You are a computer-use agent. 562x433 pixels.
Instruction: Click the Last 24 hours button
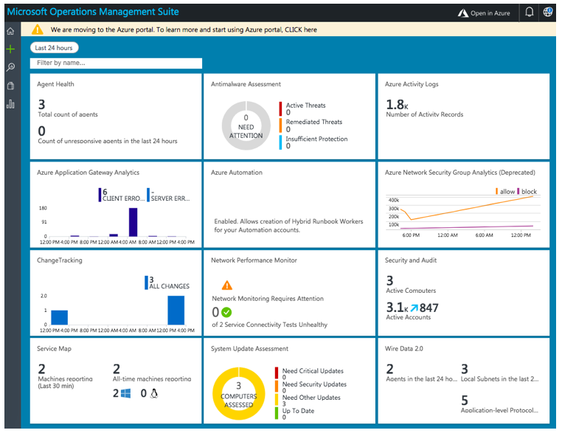pyautogui.click(x=54, y=48)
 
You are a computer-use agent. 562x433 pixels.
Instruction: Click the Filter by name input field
pyautogui.click(x=116, y=63)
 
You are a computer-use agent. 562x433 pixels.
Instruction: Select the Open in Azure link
pyautogui.click(x=484, y=13)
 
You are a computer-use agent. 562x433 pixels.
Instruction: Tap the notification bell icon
pyautogui.click(x=529, y=13)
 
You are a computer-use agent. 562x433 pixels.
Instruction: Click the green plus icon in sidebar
pyautogui.click(x=10, y=49)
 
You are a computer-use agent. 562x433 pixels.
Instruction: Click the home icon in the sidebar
pyautogui.click(x=10, y=31)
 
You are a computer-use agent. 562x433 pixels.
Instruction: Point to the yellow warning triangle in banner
pyautogui.click(x=37, y=30)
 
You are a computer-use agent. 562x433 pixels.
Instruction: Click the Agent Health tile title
pyautogui.click(x=55, y=84)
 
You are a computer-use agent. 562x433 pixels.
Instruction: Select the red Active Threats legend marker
pyautogui.click(x=281, y=108)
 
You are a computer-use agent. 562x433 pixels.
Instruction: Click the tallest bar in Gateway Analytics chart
pyautogui.click(x=133, y=221)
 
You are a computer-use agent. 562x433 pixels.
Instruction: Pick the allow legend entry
pyautogui.click(x=504, y=192)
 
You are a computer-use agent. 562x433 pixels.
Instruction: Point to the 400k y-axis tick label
pyautogui.click(x=393, y=200)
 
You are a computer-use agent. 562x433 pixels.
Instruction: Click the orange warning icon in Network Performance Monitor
pyautogui.click(x=226, y=285)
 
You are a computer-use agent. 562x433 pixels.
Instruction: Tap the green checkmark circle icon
pyautogui.click(x=226, y=312)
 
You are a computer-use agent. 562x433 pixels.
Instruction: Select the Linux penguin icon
pyautogui.click(x=154, y=394)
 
